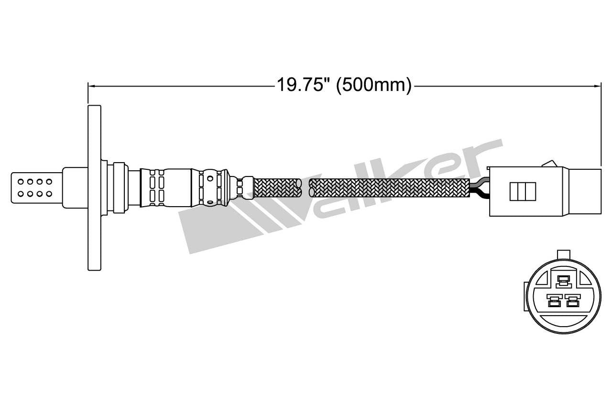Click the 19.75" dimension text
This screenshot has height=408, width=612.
[303, 85]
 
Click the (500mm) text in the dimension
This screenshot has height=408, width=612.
[373, 85]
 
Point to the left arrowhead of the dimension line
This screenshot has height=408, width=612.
[91, 86]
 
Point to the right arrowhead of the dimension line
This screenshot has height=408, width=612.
[598, 86]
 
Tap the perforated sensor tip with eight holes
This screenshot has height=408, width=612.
[36, 187]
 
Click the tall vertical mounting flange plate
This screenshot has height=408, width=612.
[94, 187]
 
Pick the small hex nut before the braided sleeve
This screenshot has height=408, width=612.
[245, 187]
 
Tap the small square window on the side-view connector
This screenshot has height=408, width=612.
[523, 191]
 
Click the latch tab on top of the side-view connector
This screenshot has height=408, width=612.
[552, 163]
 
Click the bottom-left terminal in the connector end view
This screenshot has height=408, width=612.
[555, 302]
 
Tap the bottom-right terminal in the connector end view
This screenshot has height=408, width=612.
[572, 302]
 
